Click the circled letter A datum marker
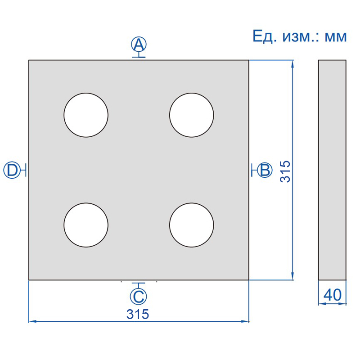(x=139, y=45)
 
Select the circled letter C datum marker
(x=139, y=296)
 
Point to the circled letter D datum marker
(x=12, y=170)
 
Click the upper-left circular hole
(x=86, y=115)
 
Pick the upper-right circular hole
(x=191, y=115)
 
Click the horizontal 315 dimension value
(x=138, y=314)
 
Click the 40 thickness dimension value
(x=333, y=295)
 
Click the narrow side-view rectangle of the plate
(x=333, y=170)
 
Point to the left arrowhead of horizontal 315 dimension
(x=32, y=321)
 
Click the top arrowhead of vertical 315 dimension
(x=293, y=63)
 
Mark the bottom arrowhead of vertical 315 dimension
(x=293, y=277)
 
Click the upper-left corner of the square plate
(x=29, y=60)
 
